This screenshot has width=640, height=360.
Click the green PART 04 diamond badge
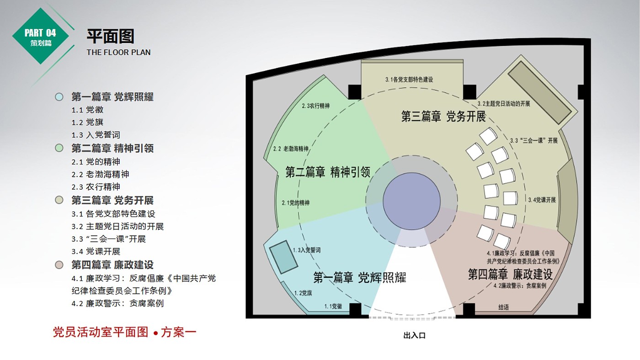[40, 36]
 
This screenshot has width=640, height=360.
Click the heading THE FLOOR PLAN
[118, 52]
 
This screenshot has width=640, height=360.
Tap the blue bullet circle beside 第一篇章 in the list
[59, 97]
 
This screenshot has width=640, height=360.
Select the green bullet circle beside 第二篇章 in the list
[59, 148]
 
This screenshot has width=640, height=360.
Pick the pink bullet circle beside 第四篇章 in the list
[59, 265]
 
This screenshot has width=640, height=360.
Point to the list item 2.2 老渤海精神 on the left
[100, 175]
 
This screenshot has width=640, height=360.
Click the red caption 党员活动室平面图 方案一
[124, 332]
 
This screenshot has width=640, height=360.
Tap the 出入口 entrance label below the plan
[414, 336]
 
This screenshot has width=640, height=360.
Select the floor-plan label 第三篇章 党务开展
[443, 116]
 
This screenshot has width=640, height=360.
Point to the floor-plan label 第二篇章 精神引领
[327, 172]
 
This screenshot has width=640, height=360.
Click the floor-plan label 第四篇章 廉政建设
[510, 275]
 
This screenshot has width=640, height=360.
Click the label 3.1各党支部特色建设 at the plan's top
[409, 79]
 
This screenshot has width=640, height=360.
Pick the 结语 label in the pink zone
[503, 307]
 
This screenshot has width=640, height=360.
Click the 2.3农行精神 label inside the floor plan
[315, 106]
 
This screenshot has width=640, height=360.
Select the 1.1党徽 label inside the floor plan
[333, 307]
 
